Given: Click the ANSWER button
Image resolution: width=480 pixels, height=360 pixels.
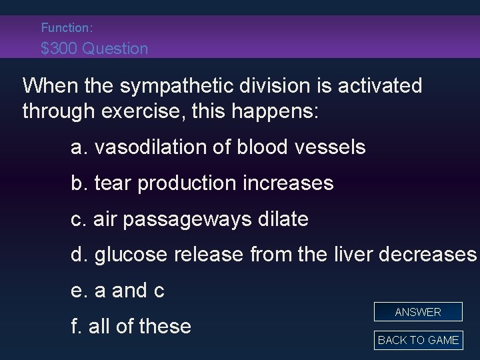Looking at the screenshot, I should point(418,312).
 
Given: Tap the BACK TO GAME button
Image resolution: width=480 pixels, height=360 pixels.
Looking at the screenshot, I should point(418,340).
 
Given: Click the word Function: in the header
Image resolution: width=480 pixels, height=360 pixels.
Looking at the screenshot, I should point(67,28).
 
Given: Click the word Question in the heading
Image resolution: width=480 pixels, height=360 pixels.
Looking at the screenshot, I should point(117,49).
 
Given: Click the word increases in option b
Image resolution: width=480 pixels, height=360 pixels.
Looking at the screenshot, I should point(291,183).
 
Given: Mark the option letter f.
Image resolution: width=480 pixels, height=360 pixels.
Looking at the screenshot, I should point(75,327).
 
